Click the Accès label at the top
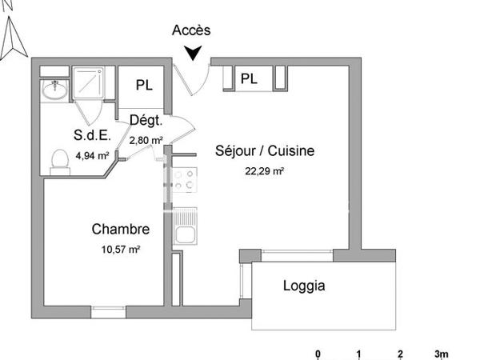pyautogui.click(x=192, y=30)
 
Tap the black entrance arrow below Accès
pyautogui.click(x=192, y=54)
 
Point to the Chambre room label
pyautogui.click(x=120, y=230)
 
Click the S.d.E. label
pyautogui.click(x=93, y=135)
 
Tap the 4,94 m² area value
pyautogui.click(x=92, y=156)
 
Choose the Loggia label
pyautogui.click(x=304, y=286)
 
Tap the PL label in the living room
pyautogui.click(x=250, y=78)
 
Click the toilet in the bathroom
pyautogui.click(x=58, y=161)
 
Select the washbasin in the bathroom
pyautogui.click(x=54, y=89)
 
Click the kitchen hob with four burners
pyautogui.click(x=185, y=179)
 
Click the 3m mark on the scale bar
pyautogui.click(x=441, y=353)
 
